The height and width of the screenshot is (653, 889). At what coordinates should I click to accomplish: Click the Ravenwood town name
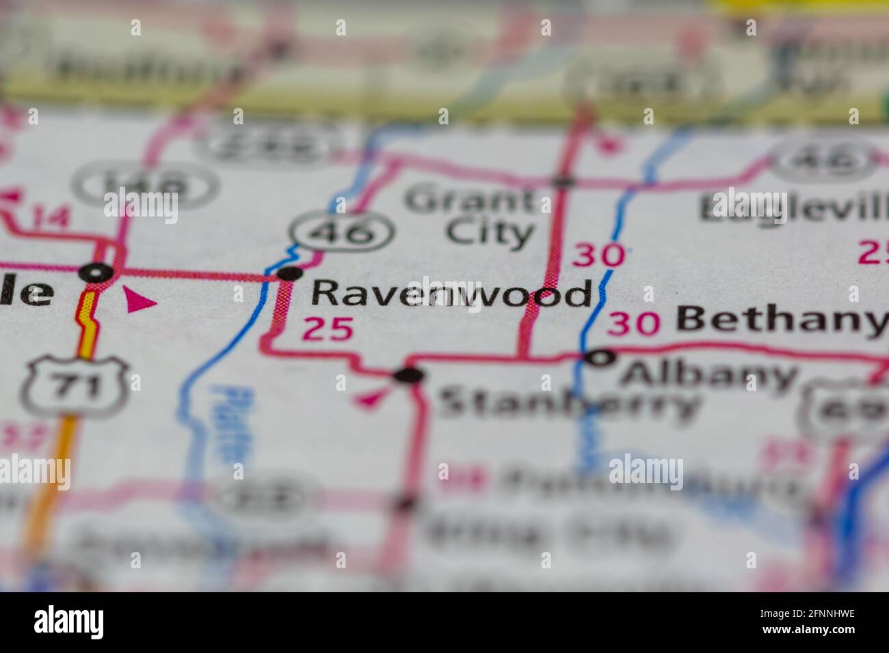(451, 294)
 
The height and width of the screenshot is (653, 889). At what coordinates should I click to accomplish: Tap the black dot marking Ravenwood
(290, 274)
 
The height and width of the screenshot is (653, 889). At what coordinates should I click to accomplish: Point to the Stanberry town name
(568, 403)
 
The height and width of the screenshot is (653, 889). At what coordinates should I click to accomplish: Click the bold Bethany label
(781, 320)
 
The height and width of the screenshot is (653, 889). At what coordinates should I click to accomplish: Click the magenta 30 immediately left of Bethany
(633, 322)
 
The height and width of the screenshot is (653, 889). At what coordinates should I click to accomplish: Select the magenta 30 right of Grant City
(598, 255)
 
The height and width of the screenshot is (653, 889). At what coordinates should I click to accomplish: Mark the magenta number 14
(49, 217)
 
